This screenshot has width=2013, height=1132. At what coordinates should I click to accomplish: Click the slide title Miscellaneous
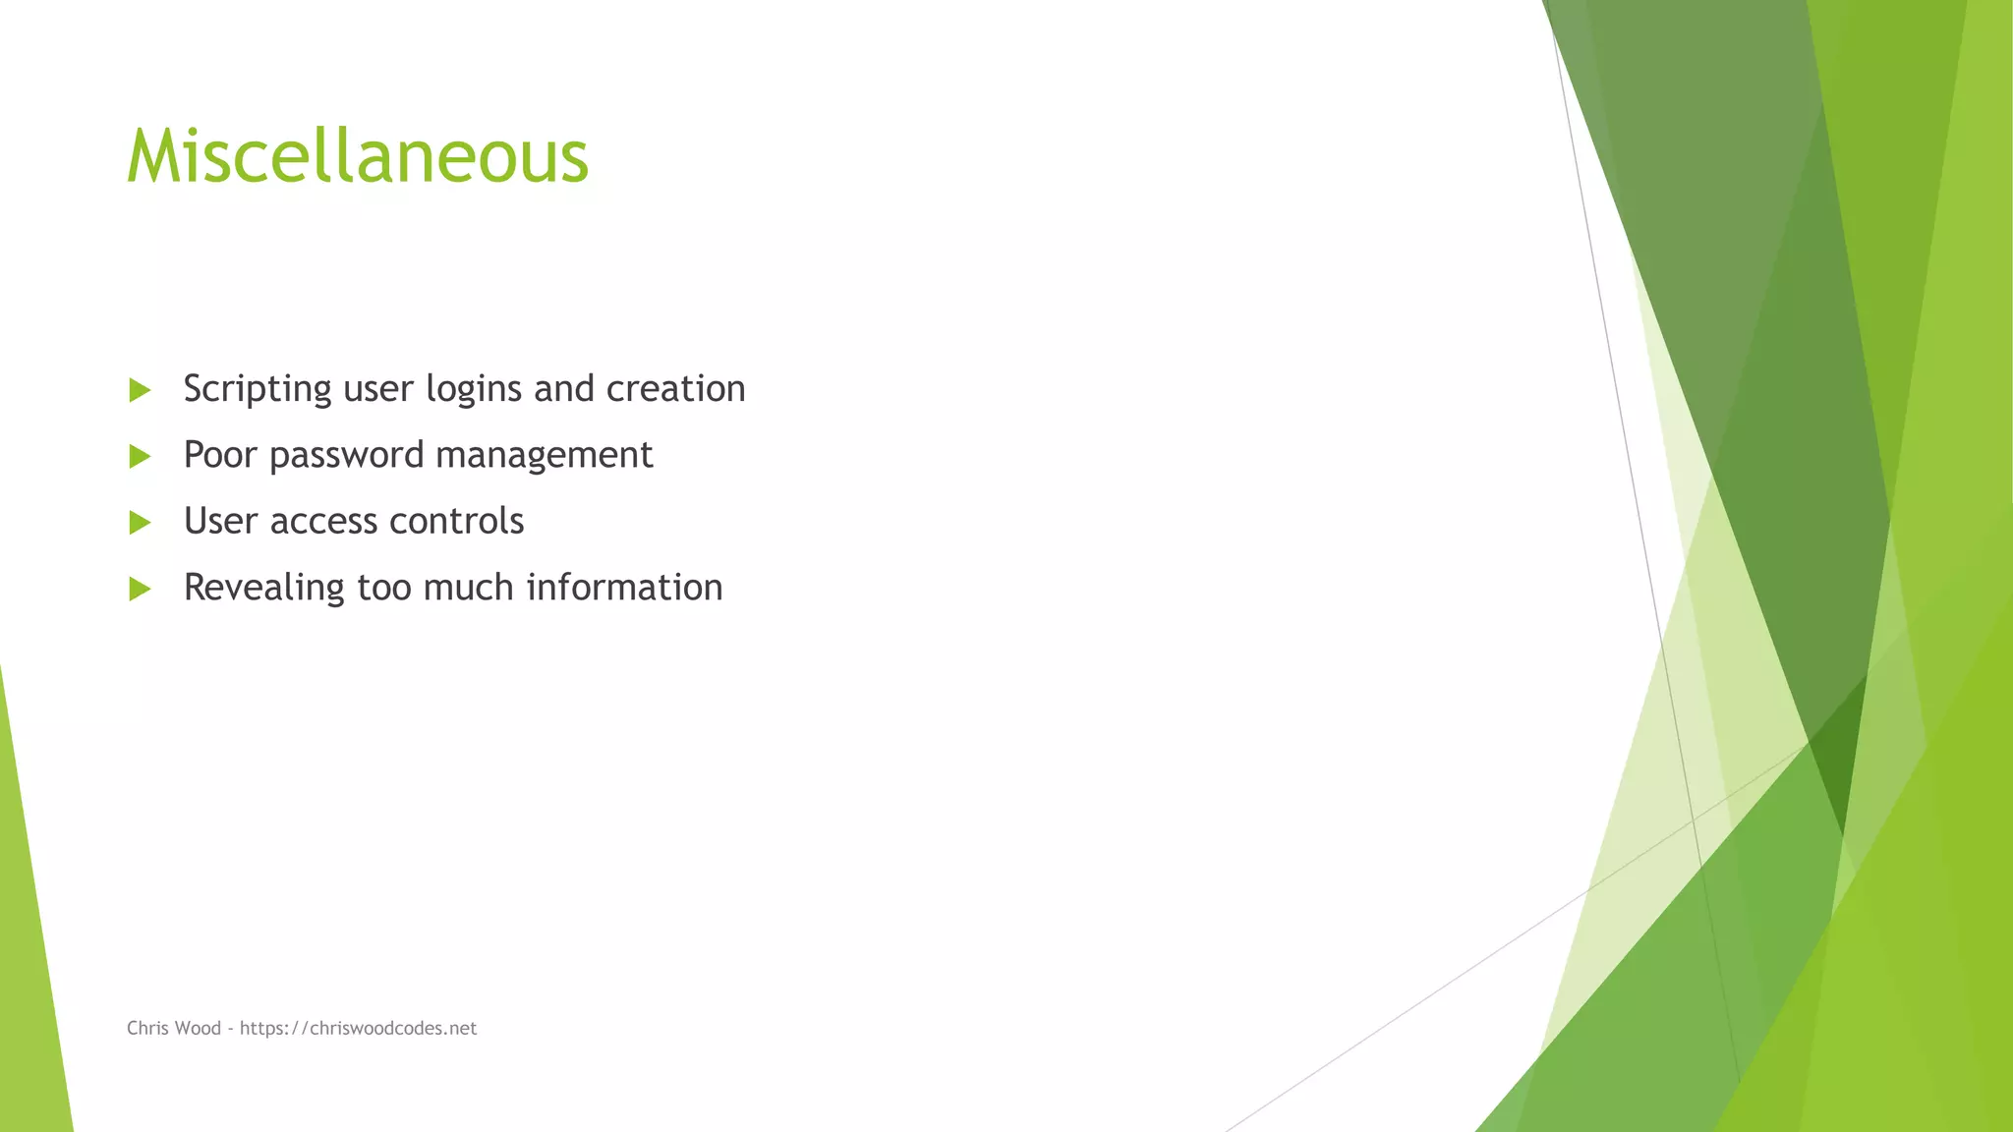[358, 157]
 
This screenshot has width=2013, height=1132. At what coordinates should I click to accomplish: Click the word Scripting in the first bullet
[258, 389]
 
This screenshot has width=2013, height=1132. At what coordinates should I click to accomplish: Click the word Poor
[220, 455]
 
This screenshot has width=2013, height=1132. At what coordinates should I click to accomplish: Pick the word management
[544, 456]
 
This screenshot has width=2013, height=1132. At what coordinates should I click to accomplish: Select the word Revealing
[263, 588]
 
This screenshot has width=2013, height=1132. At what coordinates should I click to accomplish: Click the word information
[624, 588]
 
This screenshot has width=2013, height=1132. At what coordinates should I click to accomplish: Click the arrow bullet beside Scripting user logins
[140, 390]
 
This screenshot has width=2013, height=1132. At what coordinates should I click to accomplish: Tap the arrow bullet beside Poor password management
[140, 456]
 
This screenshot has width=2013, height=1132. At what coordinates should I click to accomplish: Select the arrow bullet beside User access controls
[140, 523]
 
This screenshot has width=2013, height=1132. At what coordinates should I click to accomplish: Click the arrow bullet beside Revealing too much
[140, 589]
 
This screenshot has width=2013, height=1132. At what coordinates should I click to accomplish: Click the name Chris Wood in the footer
[174, 1028]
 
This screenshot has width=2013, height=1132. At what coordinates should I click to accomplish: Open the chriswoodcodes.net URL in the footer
[358, 1028]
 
